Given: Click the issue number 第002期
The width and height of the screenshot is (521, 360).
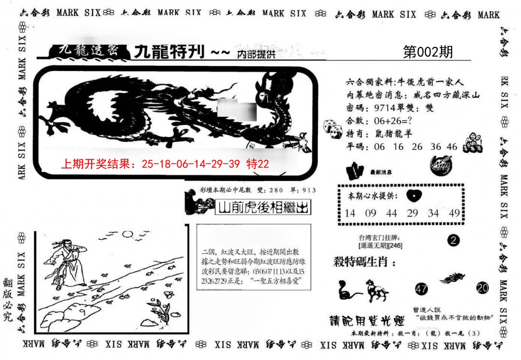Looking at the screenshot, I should click(x=427, y=52).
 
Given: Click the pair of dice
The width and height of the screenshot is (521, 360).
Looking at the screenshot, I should click(x=332, y=127).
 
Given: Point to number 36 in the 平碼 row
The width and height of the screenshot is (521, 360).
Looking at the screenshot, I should click(x=436, y=147).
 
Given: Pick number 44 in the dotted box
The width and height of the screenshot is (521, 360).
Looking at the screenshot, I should click(x=391, y=213).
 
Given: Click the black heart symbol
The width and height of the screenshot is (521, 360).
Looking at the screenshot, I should click(x=413, y=195).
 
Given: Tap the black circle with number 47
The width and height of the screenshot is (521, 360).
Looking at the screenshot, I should click(x=421, y=289).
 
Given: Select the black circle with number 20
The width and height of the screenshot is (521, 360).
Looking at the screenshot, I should click(x=482, y=288).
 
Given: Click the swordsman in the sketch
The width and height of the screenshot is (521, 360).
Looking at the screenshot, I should click(x=66, y=261).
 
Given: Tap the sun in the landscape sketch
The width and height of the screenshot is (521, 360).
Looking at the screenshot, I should click(x=127, y=235).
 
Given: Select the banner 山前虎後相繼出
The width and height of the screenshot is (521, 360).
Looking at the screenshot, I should click(x=262, y=208).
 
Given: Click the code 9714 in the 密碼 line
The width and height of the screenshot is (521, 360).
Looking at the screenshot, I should click(x=382, y=108).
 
